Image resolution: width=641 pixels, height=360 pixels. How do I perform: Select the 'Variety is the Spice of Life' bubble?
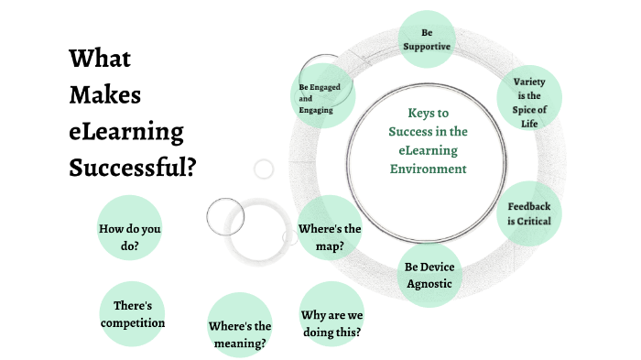(529, 95)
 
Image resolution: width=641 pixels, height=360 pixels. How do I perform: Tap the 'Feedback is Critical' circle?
(529, 214)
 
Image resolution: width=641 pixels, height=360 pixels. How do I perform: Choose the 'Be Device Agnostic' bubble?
(429, 274)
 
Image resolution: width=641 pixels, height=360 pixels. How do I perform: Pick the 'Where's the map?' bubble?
(330, 236)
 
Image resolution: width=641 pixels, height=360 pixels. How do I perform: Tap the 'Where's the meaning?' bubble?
(240, 333)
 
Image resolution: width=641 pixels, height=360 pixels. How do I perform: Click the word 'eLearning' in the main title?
(125, 131)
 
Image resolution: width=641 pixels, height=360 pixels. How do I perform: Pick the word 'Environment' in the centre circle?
(427, 169)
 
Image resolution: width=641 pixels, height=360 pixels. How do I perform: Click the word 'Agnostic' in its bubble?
(429, 283)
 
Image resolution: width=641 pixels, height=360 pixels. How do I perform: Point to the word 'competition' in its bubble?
(133, 322)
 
